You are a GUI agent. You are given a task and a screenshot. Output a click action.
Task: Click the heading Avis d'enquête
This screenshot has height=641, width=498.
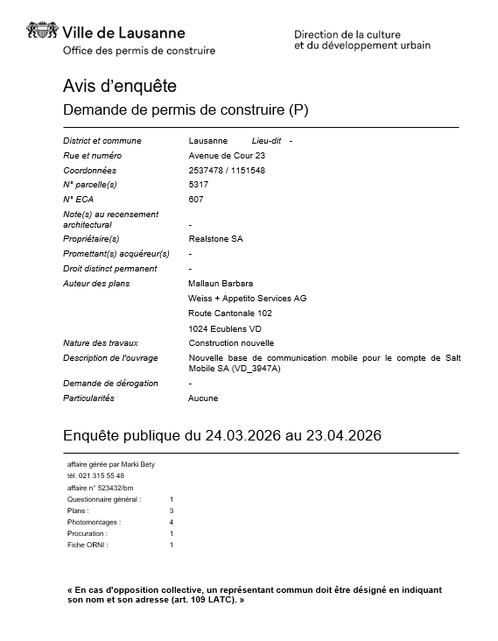pyautogui.click(x=120, y=86)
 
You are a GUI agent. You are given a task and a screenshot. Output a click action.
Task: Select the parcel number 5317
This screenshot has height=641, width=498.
pyautogui.click(x=199, y=185)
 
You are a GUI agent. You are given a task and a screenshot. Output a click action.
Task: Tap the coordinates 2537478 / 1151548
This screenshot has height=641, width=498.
pyautogui.click(x=227, y=170)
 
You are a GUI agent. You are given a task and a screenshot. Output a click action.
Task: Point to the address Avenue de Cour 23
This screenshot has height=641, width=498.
pyautogui.click(x=227, y=155)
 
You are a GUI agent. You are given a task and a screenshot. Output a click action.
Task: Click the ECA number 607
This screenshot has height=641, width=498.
pyautogui.click(x=196, y=200)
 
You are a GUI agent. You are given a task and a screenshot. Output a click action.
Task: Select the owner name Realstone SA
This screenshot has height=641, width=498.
pyautogui.click(x=216, y=238)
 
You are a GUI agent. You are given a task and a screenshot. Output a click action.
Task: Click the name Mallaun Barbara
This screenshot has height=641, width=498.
pyautogui.click(x=221, y=284)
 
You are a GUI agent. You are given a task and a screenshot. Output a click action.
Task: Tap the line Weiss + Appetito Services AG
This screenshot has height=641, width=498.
pyautogui.click(x=248, y=299)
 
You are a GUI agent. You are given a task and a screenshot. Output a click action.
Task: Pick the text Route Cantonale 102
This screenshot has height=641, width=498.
pyautogui.click(x=230, y=313)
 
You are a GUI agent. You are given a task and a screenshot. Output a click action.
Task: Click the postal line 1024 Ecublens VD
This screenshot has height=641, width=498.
pyautogui.click(x=225, y=328)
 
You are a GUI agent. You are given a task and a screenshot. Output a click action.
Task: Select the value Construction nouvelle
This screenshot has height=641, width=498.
pyautogui.click(x=231, y=343)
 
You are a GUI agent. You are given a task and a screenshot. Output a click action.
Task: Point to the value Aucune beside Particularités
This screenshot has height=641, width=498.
pyautogui.click(x=203, y=398)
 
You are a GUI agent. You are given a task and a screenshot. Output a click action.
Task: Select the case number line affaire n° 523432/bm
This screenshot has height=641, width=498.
pyautogui.click(x=101, y=487)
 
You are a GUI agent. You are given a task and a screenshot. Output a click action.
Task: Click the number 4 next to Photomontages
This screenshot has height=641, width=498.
pyautogui.click(x=172, y=522)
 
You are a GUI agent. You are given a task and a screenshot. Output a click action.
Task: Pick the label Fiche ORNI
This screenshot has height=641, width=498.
pyautogui.click(x=88, y=545)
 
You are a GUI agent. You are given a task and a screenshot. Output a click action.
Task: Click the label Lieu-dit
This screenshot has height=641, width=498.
pyautogui.click(x=266, y=140)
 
